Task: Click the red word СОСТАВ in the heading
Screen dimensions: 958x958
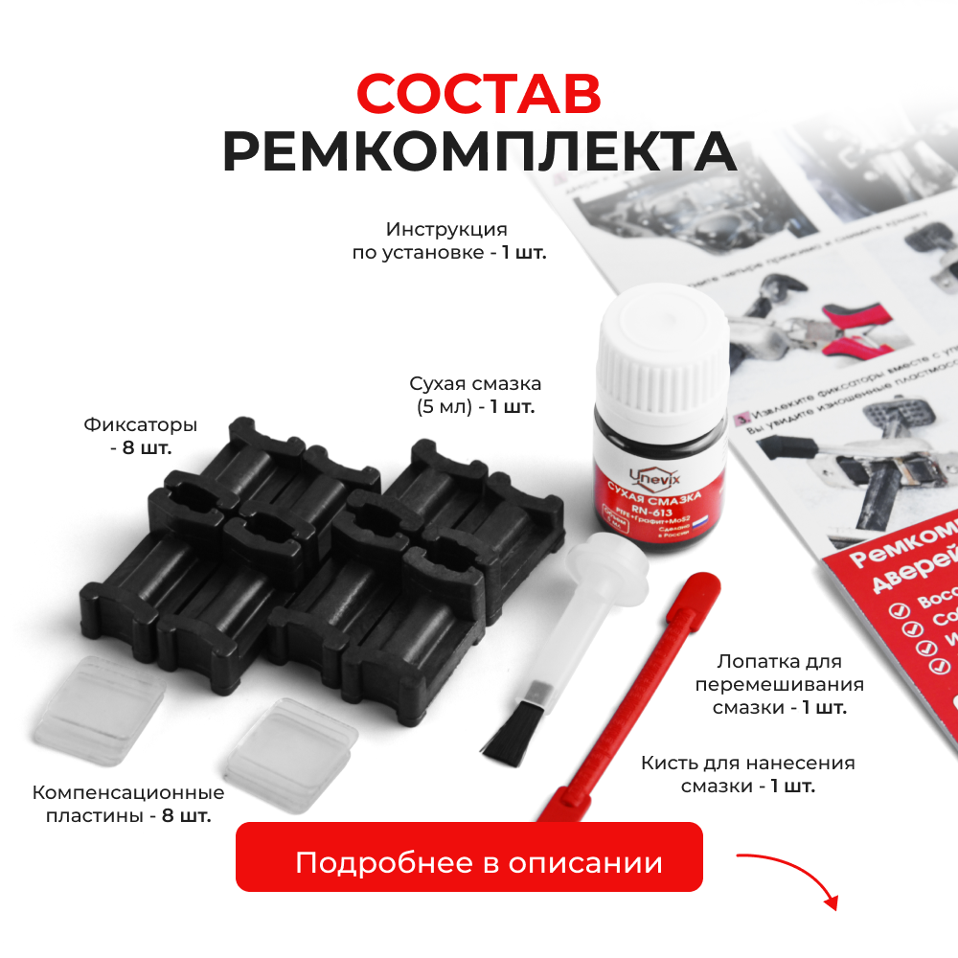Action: [x=478, y=95]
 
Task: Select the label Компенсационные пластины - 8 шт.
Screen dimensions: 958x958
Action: [x=128, y=804]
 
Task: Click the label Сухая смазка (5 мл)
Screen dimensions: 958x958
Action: [x=474, y=394]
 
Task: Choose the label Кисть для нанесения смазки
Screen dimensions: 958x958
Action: [x=747, y=774]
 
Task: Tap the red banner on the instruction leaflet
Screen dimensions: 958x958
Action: [x=891, y=613]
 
